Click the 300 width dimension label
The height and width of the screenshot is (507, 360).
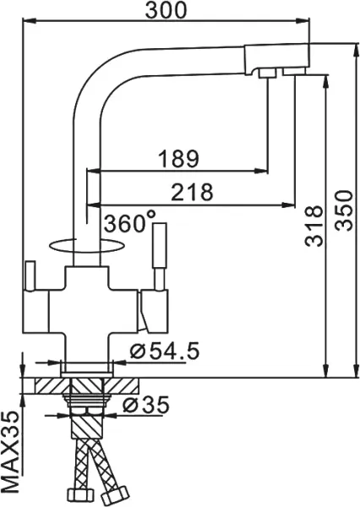coord(166,10)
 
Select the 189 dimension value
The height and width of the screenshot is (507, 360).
coord(178,159)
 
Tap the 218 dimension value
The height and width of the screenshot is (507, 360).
coord(192,192)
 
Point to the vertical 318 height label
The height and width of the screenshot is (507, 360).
coord(314,226)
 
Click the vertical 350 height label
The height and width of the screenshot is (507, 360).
coord(343,210)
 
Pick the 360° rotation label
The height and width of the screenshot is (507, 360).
coord(129,221)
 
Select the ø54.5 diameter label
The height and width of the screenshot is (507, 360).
coord(164,352)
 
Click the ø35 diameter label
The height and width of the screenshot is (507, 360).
coord(146,405)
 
